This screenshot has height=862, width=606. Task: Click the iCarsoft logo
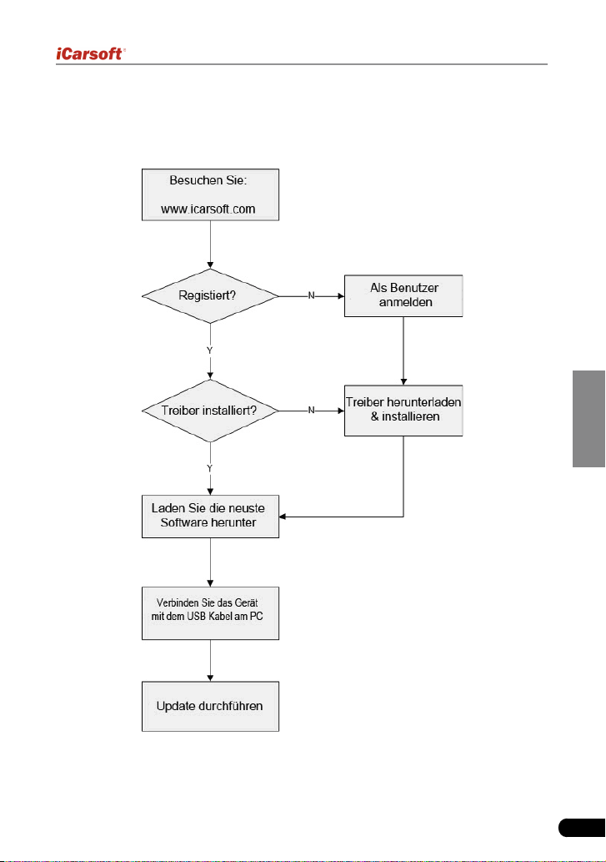[x=91, y=54]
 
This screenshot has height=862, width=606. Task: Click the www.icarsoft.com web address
[x=208, y=209]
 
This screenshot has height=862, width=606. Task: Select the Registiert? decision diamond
[x=210, y=295]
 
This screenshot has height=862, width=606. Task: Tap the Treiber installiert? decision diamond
[x=210, y=411]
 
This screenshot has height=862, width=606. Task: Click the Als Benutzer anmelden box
[x=403, y=295]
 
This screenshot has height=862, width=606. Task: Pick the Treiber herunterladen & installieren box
[x=403, y=411]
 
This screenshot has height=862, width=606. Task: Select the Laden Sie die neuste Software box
[x=210, y=517]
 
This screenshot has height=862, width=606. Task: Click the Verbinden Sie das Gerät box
[x=210, y=613]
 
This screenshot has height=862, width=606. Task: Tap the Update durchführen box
[x=210, y=707]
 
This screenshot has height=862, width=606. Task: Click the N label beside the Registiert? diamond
[x=311, y=295]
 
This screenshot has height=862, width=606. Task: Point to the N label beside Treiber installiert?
[x=311, y=410]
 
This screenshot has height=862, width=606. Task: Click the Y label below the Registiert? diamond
[x=210, y=350]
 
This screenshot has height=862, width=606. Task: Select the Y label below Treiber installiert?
[x=210, y=468]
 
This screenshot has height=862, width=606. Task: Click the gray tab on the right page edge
[x=589, y=419]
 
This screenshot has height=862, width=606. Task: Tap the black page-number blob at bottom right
[x=582, y=828]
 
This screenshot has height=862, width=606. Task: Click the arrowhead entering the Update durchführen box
[x=210, y=678]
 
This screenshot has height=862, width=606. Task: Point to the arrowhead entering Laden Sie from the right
[x=282, y=517]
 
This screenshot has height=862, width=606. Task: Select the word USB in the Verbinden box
[x=196, y=617]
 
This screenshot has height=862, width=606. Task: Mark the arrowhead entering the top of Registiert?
[x=210, y=265]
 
